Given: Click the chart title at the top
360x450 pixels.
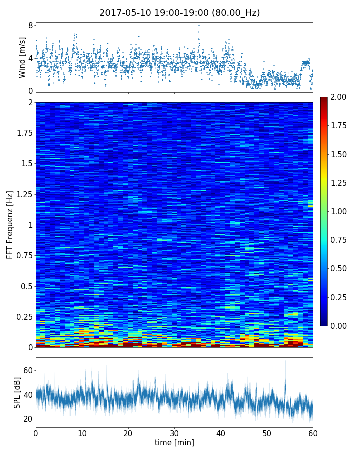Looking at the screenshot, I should pos(180,13).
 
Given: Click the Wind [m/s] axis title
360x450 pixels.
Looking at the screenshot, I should pos(22,57).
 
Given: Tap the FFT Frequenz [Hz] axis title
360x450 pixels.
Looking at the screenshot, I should pos(10,224).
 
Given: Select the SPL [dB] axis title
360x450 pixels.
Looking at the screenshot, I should pos(18,392).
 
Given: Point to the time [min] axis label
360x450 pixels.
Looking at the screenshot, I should pos(174,442).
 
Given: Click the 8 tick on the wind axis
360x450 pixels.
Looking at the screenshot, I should pos(30,25).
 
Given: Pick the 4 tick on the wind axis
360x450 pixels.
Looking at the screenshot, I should pos(30,58).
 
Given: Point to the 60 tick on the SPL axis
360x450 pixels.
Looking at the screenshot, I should pos(28,370).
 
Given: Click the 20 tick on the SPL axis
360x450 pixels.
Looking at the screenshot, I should pos(28,419).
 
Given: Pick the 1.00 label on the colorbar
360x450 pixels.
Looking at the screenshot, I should pos(340,211).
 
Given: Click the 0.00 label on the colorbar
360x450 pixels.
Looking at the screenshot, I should pos(340,326).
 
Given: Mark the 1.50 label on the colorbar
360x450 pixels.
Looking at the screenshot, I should pos(340,154).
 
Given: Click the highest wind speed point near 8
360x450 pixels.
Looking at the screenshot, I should pos(199,25).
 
